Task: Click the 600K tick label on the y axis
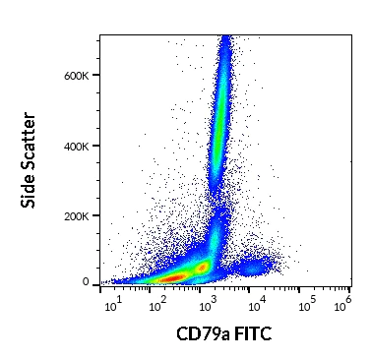79,76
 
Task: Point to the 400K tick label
79,146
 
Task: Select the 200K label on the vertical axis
79,215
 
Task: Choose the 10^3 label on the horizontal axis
205,303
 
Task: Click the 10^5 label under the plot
305,303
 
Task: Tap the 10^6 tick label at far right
342,303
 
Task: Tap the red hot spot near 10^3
203,267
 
